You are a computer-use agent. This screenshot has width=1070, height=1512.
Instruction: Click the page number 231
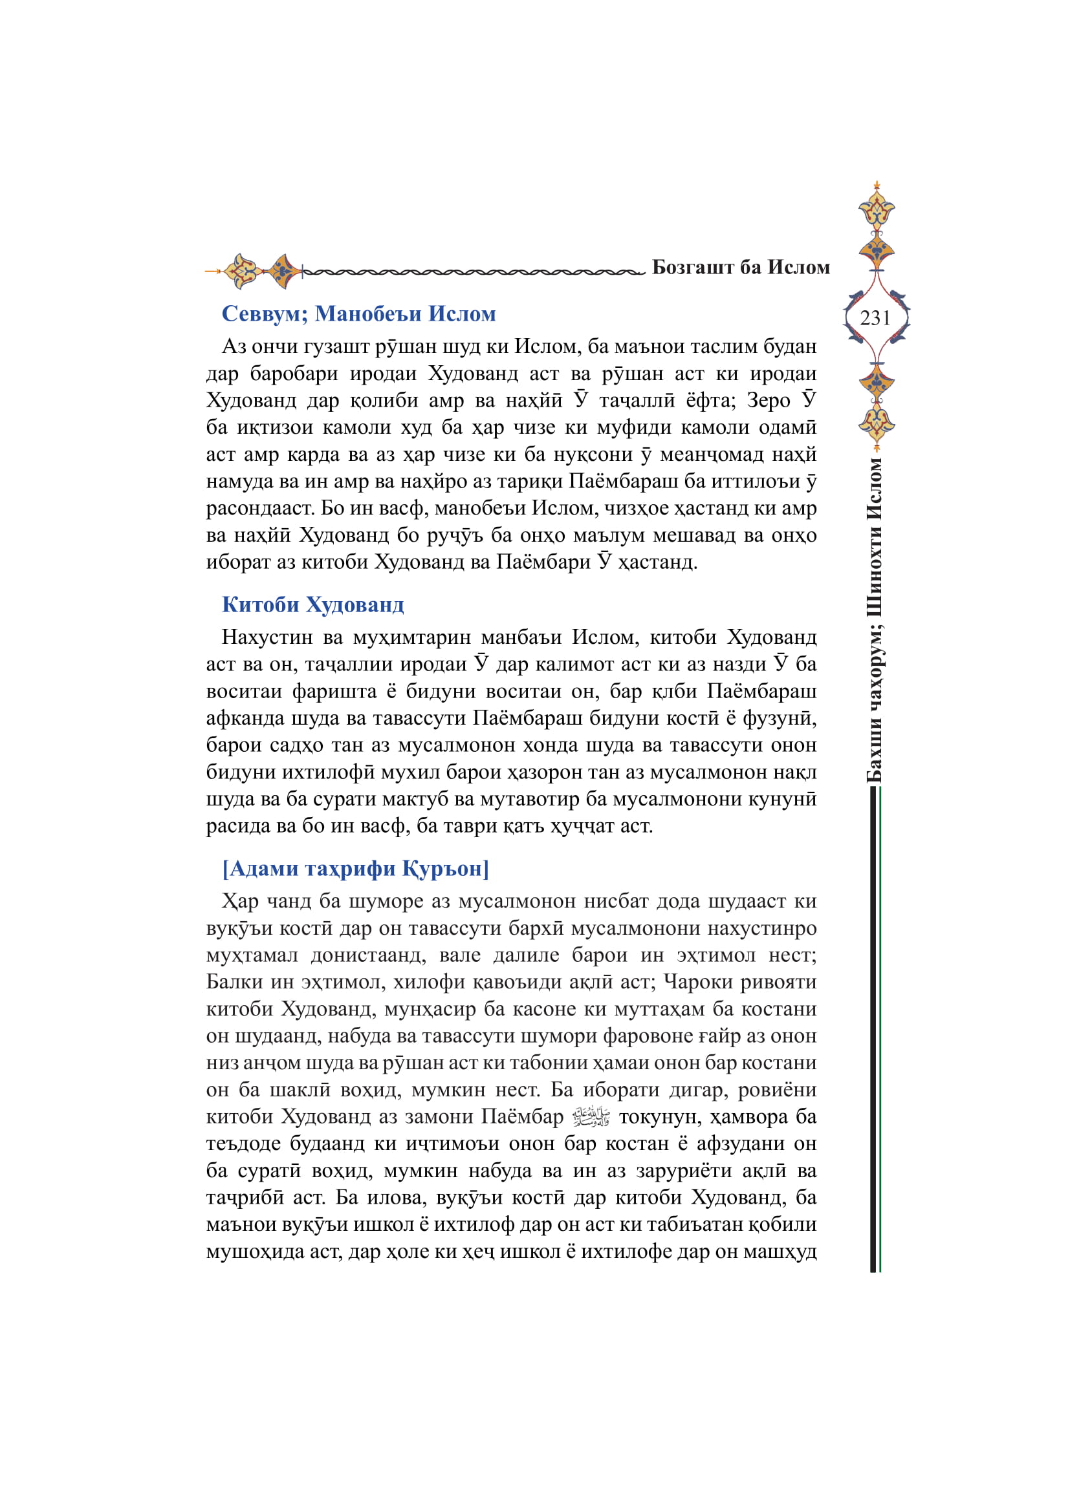click(x=875, y=318)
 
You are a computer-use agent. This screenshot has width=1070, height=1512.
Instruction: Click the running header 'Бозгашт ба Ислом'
click(x=741, y=268)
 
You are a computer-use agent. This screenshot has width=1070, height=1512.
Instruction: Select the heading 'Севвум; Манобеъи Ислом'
click(x=358, y=314)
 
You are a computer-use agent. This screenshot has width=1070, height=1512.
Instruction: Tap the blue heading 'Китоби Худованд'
click(x=312, y=604)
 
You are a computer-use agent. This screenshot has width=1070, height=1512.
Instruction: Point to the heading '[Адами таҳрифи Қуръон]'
click(x=356, y=869)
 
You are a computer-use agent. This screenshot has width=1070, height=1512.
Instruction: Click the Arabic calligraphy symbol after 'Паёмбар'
click(x=591, y=1117)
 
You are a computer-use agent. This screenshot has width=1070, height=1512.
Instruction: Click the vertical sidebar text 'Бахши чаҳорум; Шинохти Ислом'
click(x=875, y=619)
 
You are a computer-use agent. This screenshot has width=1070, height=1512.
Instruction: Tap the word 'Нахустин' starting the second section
click(x=267, y=637)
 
